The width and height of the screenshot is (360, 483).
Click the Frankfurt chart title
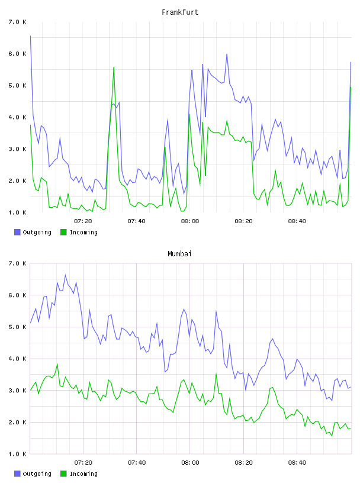coord(180,12)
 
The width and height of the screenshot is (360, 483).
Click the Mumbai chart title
coord(179,254)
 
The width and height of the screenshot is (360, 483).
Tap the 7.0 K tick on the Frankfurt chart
coord(18,22)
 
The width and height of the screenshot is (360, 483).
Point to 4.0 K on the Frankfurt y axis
coord(18,117)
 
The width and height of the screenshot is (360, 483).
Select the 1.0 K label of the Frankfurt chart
coord(18,212)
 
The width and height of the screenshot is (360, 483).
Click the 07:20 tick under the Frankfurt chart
coord(83,221)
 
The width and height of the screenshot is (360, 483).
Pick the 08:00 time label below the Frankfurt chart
coord(190,221)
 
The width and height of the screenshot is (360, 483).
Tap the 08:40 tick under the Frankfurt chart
coord(297,221)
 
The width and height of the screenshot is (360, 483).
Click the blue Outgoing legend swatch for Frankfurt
coord(17,232)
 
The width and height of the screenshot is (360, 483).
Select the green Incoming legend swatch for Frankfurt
coord(63,232)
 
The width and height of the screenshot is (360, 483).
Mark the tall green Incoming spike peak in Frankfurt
coord(114,67)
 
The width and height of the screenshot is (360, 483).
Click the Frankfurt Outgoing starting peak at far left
coord(31,36)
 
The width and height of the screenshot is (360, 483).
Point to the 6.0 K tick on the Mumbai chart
coord(18,295)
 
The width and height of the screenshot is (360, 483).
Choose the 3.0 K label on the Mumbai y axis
coord(18,390)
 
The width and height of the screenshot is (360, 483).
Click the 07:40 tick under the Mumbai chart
coord(137,463)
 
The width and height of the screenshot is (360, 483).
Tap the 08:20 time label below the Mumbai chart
coord(243,463)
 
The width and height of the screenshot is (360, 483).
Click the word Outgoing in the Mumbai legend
coord(37,474)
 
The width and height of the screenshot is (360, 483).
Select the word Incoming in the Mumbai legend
coord(83,474)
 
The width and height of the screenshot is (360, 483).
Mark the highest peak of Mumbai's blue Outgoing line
coord(65,275)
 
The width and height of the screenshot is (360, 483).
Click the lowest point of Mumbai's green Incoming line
coord(332,436)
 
